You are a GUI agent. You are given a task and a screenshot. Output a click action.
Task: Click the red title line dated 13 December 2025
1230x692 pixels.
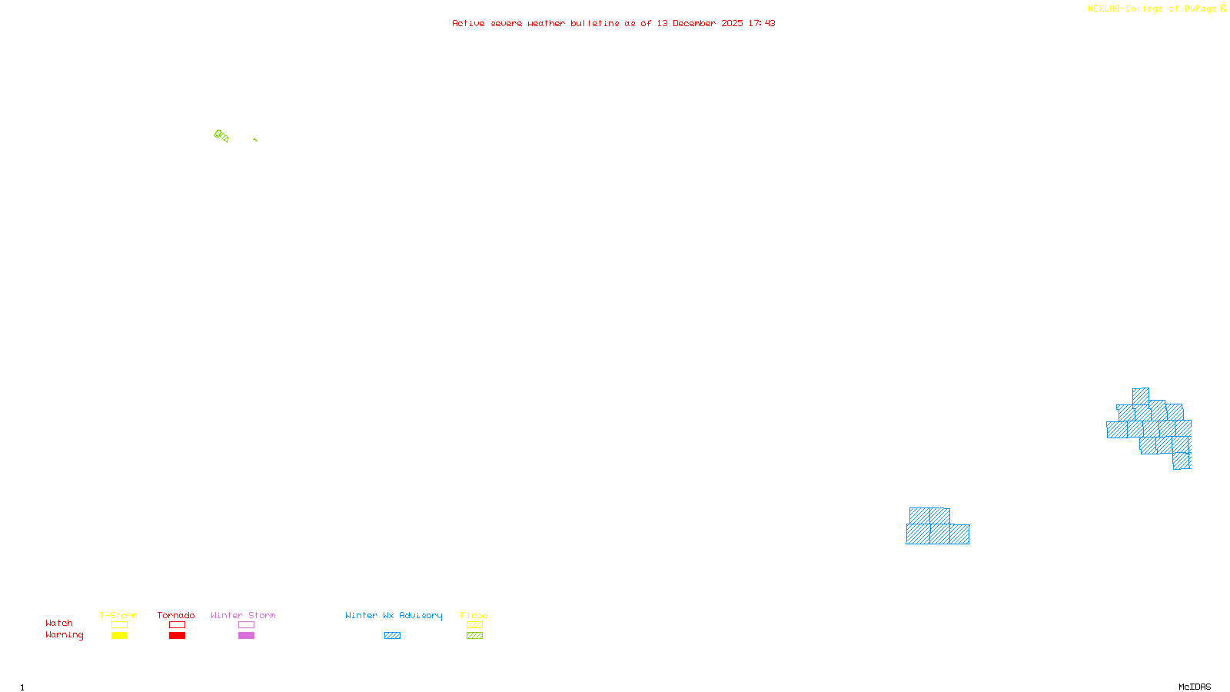pyautogui.click(x=613, y=23)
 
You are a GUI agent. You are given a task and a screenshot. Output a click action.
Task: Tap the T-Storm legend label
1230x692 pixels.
pyautogui.click(x=118, y=615)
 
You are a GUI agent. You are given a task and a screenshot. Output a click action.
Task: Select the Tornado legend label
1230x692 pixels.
pyautogui.click(x=176, y=615)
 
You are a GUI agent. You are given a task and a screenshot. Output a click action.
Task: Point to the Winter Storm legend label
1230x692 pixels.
pyautogui.click(x=243, y=615)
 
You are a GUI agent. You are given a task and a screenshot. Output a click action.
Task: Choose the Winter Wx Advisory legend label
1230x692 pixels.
pyautogui.click(x=394, y=615)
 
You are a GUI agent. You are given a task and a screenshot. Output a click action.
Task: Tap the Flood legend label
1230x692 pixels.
pyautogui.click(x=474, y=615)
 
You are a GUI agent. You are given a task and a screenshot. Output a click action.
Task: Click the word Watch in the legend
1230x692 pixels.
pyautogui.click(x=59, y=624)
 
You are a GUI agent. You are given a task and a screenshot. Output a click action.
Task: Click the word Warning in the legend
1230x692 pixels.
pyautogui.click(x=65, y=635)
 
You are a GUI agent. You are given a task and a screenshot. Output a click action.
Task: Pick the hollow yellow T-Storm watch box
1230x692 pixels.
pyautogui.click(x=119, y=625)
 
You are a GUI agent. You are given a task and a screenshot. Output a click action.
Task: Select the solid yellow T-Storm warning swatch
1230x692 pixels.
pyautogui.click(x=119, y=636)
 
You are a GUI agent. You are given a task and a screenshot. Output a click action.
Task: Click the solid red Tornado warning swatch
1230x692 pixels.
pyautogui.click(x=177, y=636)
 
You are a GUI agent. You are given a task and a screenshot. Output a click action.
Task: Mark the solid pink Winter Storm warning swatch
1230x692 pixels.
pyautogui.click(x=246, y=636)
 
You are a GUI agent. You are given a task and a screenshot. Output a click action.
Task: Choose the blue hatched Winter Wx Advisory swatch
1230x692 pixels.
pyautogui.click(x=392, y=636)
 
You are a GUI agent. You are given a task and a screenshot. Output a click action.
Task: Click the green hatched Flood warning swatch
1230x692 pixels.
pyautogui.click(x=474, y=636)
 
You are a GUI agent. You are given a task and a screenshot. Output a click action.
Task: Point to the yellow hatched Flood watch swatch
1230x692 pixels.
pyautogui.click(x=474, y=625)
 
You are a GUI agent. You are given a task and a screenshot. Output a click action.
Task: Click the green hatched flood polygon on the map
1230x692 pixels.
pyautogui.click(x=221, y=136)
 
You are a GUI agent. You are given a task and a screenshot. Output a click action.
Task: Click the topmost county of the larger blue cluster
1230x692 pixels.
pyautogui.click(x=1141, y=396)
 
